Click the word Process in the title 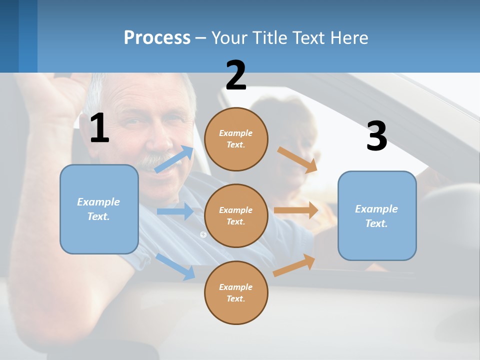[x=157, y=37]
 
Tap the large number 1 [x=99, y=128]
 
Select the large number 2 [x=236, y=75]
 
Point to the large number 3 [x=376, y=136]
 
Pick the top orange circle [x=236, y=138]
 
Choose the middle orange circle [x=236, y=215]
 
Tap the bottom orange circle [x=236, y=292]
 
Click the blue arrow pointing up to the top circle [x=174, y=159]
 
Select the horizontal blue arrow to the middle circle [x=175, y=211]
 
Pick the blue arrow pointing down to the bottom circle [x=175, y=266]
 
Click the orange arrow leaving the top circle [x=297, y=159]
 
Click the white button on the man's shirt [x=203, y=234]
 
